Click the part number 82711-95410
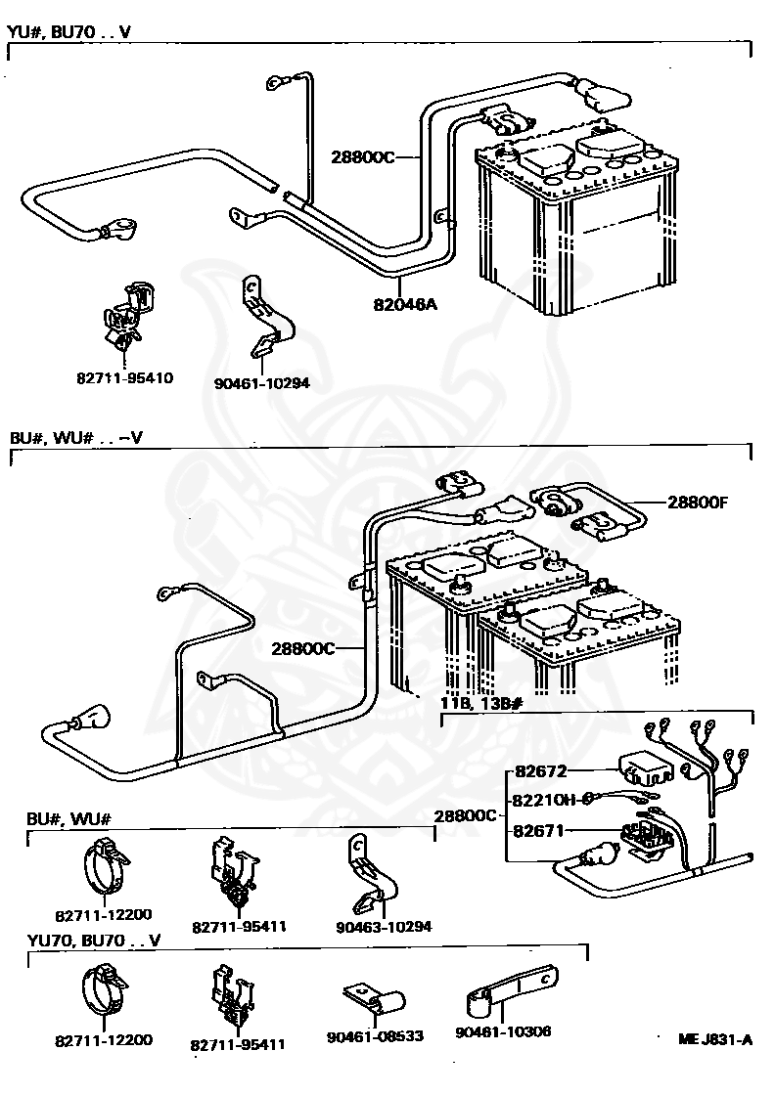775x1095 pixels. (x=124, y=377)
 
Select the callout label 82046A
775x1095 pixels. (x=404, y=304)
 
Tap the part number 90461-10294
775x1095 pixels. (x=262, y=382)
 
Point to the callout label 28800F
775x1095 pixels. (x=698, y=503)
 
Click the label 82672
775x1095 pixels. (x=541, y=771)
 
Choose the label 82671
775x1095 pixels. (x=538, y=830)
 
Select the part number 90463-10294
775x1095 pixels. (x=384, y=927)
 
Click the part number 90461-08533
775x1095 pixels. (x=376, y=1035)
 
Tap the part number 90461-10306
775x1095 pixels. (x=503, y=1031)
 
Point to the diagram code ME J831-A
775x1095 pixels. (x=715, y=1039)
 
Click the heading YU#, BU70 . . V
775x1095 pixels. (x=68, y=31)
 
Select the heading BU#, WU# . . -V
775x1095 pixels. (x=76, y=438)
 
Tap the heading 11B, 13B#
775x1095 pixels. (x=481, y=702)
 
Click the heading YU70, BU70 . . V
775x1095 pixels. (x=94, y=941)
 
